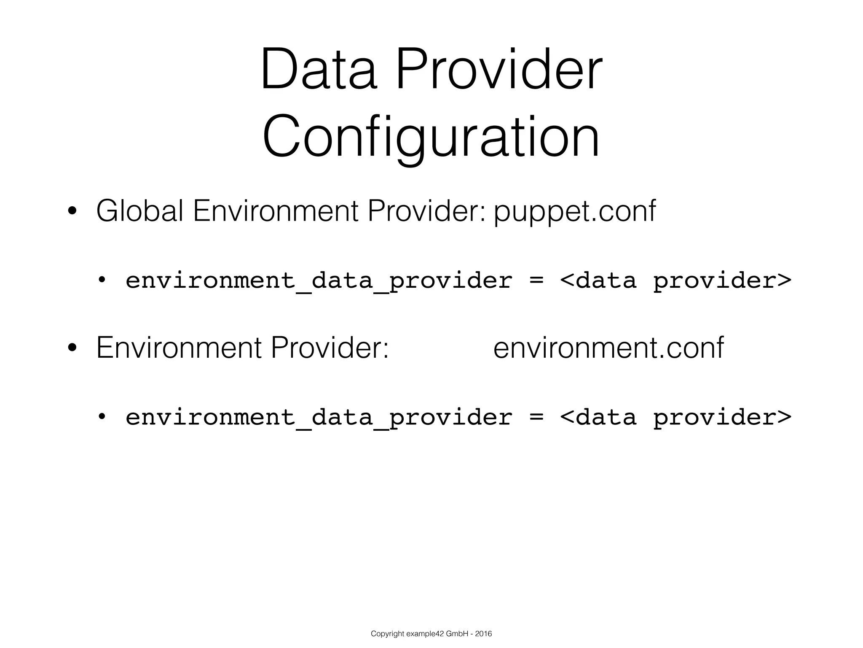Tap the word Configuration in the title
click(431, 138)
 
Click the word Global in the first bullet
click(139, 211)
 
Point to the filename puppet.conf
click(575, 211)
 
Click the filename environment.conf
click(608, 348)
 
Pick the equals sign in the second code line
click(536, 417)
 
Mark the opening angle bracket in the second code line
click(567, 417)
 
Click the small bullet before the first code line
click(101, 280)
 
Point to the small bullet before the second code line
click(101, 416)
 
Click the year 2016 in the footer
click(483, 634)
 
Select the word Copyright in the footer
click(383, 634)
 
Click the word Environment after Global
click(276, 211)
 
